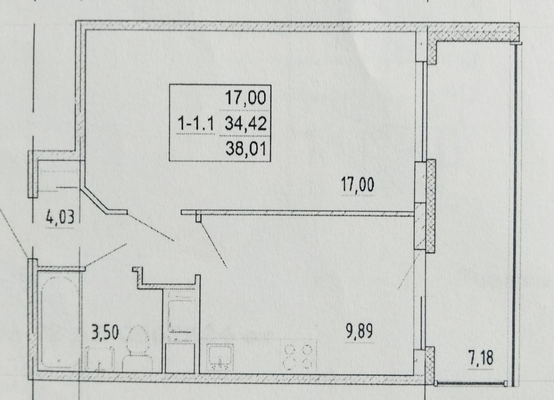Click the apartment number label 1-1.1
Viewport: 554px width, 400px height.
coord(196,124)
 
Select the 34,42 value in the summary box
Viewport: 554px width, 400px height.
coord(246,124)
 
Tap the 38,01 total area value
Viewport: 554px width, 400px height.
coord(246,149)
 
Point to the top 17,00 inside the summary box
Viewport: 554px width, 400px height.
coord(246,98)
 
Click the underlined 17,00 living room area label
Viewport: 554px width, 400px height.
coord(358,185)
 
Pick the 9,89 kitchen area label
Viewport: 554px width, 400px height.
coord(359,332)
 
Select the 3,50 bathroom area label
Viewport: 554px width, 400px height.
coord(105,332)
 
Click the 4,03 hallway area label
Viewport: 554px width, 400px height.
coord(60,217)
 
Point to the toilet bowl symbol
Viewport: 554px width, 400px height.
coord(138,349)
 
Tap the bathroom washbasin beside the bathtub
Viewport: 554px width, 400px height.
coord(100,359)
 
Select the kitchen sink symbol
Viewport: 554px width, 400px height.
coord(220,358)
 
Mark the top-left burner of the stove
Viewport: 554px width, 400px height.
coord(289,350)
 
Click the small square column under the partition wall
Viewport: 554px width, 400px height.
coord(198,218)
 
